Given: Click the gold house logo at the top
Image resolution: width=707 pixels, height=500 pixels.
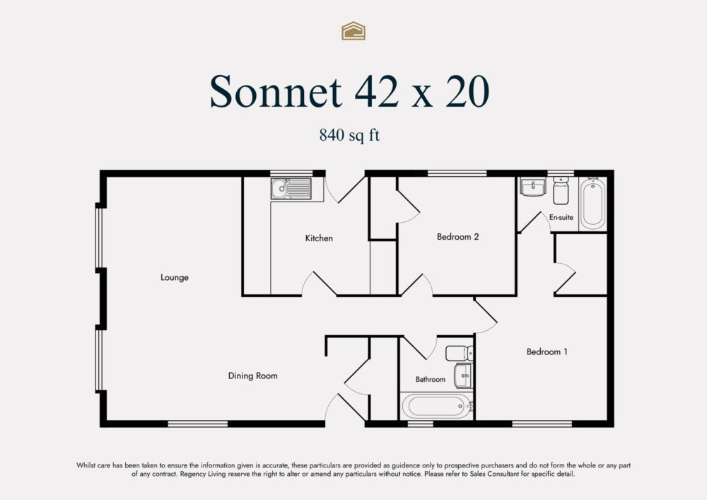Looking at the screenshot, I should point(353,30).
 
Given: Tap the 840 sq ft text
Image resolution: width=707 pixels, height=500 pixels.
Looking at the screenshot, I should point(349,135).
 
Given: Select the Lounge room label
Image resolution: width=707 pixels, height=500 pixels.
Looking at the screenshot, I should point(175,278).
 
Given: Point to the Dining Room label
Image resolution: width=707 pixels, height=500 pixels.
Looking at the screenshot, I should point(252,376).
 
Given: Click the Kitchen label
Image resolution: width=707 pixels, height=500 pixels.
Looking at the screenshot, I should point(319,238).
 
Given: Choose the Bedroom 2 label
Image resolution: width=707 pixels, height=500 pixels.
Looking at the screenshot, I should point(458,237).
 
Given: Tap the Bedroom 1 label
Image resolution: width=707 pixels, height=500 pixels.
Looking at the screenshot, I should point(547,351).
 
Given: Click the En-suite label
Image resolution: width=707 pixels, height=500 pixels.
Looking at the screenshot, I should point(561,218).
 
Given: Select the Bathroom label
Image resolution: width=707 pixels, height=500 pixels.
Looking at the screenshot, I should point(431,380).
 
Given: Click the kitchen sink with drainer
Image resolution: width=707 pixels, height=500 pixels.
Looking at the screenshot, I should point(291,189).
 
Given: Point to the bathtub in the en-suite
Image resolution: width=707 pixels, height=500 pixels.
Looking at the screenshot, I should point(592,204).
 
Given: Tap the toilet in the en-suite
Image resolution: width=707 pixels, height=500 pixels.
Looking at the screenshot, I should point(561,191).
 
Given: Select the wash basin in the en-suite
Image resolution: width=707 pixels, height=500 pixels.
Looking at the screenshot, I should point(532,187).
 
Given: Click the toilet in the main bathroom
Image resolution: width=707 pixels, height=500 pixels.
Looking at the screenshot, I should point(457,352).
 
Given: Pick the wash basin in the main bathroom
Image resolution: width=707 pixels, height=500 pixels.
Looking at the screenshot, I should point(463,375).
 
